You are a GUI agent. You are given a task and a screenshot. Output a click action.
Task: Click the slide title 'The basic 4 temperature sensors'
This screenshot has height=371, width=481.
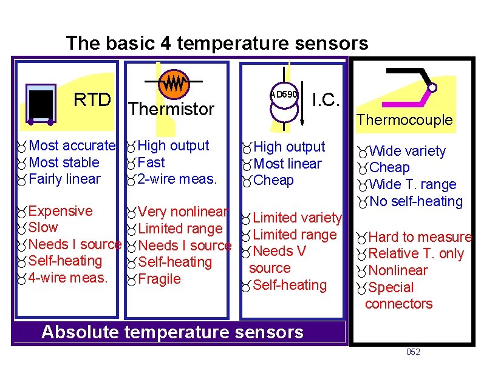(217, 43)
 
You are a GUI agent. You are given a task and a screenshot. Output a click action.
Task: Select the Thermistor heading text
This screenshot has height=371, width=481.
(171, 110)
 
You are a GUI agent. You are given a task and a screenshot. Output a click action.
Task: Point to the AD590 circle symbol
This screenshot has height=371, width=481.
(284, 95)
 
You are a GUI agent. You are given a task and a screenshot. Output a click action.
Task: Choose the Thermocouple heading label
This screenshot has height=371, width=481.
(404, 120)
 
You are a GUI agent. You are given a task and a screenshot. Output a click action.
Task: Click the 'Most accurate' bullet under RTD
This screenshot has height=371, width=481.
(71, 145)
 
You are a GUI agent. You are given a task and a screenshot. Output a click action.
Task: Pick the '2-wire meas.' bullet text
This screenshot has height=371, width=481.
(177, 179)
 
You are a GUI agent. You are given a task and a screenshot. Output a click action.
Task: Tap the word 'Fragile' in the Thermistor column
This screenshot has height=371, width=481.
(159, 279)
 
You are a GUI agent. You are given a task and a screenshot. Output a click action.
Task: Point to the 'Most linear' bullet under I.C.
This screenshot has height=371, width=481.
(287, 164)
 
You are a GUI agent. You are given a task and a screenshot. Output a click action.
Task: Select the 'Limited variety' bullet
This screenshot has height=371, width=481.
(297, 218)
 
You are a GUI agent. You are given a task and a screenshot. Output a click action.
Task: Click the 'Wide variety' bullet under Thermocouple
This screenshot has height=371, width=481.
(407, 151)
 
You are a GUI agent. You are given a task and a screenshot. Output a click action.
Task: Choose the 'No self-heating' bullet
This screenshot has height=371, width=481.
(415, 201)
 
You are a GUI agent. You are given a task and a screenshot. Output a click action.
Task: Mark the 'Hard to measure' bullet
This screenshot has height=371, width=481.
(420, 237)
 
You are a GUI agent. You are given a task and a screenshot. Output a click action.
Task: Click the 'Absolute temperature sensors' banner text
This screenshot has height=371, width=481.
(172, 332)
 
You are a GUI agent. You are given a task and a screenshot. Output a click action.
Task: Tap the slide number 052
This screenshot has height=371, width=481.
(412, 352)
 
